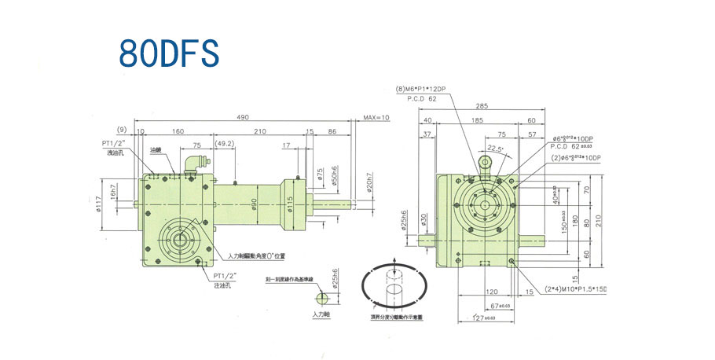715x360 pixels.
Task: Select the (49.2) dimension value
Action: click(x=224, y=144)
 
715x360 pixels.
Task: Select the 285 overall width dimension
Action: click(x=481, y=105)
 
